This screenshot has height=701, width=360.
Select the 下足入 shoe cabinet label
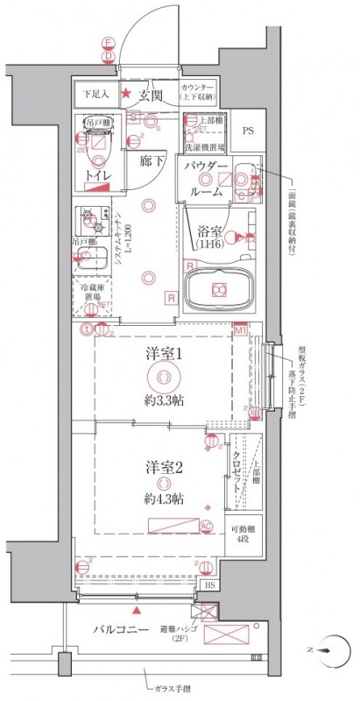point(95,94)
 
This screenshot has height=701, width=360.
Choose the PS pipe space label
point(247,132)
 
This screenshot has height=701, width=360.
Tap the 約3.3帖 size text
point(163,400)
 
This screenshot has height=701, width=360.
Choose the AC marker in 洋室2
point(207,527)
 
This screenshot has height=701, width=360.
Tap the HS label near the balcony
point(209,585)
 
